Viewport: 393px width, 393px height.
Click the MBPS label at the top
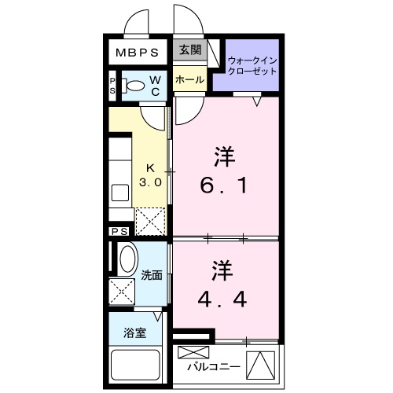[x=138, y=53]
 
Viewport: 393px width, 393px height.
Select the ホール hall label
[x=189, y=79]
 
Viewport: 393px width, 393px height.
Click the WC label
[x=156, y=86]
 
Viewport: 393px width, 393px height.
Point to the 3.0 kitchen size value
[x=151, y=182]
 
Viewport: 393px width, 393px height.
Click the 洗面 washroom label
[x=152, y=276]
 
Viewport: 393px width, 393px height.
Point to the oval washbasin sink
[x=126, y=259]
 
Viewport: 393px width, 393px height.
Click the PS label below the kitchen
[x=119, y=232]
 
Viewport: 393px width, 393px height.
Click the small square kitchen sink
[x=120, y=193]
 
